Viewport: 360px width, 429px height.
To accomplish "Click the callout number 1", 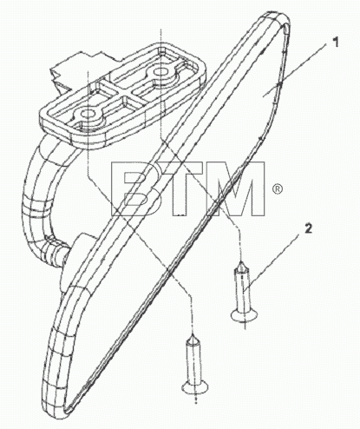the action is (335, 43).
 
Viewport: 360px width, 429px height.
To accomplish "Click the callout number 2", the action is (308, 228).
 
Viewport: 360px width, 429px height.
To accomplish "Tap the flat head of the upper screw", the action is (245, 315).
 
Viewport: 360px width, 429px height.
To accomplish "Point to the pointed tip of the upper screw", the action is (240, 263).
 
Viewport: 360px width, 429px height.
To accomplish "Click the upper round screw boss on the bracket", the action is (160, 71).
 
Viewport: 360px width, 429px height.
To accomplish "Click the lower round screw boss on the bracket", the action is (87, 115).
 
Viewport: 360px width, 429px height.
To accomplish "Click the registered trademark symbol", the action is (277, 189).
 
